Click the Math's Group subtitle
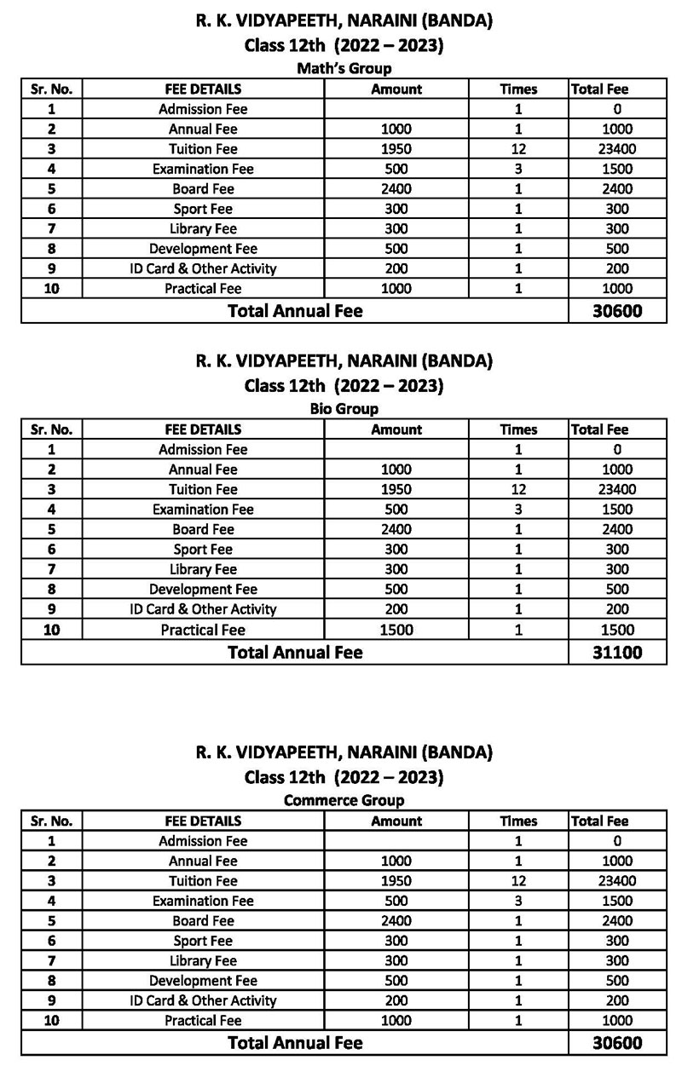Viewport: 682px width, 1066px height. coord(344,69)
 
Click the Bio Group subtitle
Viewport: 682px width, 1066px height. coord(344,410)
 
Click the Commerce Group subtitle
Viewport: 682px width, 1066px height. coord(344,801)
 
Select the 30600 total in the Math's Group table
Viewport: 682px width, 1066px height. coord(617,312)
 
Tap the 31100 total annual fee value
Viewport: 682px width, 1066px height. coord(617,653)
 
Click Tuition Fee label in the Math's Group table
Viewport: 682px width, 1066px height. coord(203,149)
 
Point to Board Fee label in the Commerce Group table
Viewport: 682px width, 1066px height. coord(203,921)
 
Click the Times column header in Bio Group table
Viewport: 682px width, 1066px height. coord(518,430)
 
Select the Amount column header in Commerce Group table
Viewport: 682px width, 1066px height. coord(396,821)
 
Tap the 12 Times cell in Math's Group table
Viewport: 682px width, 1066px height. coord(518,149)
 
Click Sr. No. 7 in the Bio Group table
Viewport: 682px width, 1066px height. coord(52,569)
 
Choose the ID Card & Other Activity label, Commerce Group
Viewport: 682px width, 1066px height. coord(203,1001)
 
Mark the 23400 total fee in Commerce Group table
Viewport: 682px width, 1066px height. coord(616,881)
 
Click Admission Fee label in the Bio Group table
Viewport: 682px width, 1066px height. coord(203,450)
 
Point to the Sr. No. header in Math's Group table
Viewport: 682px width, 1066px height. coord(52,89)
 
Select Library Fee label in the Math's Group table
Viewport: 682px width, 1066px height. coord(203,229)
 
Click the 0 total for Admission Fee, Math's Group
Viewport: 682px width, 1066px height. coord(616,109)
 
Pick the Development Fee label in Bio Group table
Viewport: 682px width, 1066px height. coord(203,590)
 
